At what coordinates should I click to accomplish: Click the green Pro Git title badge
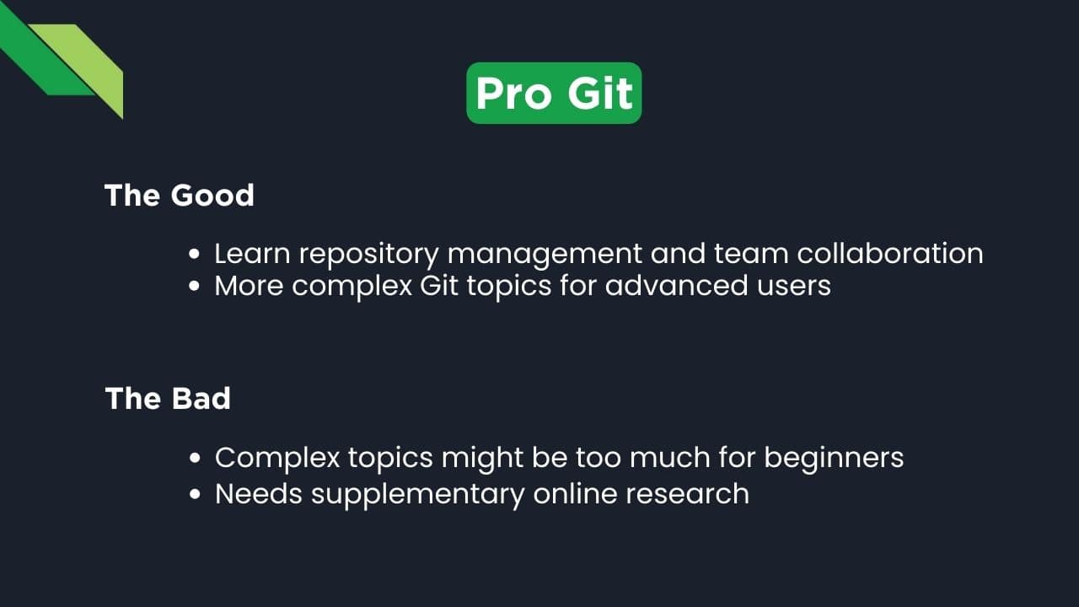554,93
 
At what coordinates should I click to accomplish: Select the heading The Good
180,196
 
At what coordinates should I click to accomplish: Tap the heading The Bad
168,398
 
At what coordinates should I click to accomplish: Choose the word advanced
679,286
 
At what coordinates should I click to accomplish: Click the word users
797,286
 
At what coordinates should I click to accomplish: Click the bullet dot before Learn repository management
195,255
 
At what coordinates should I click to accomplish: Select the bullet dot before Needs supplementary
195,494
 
